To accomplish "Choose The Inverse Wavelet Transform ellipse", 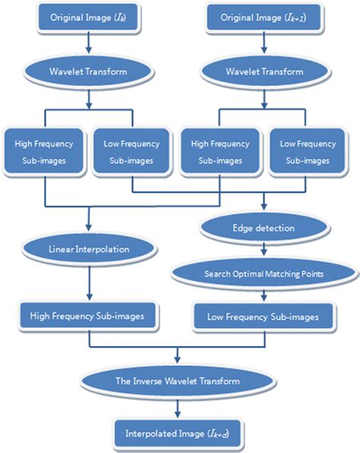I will click(178, 382).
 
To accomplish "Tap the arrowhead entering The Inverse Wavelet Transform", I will click(178, 360).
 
